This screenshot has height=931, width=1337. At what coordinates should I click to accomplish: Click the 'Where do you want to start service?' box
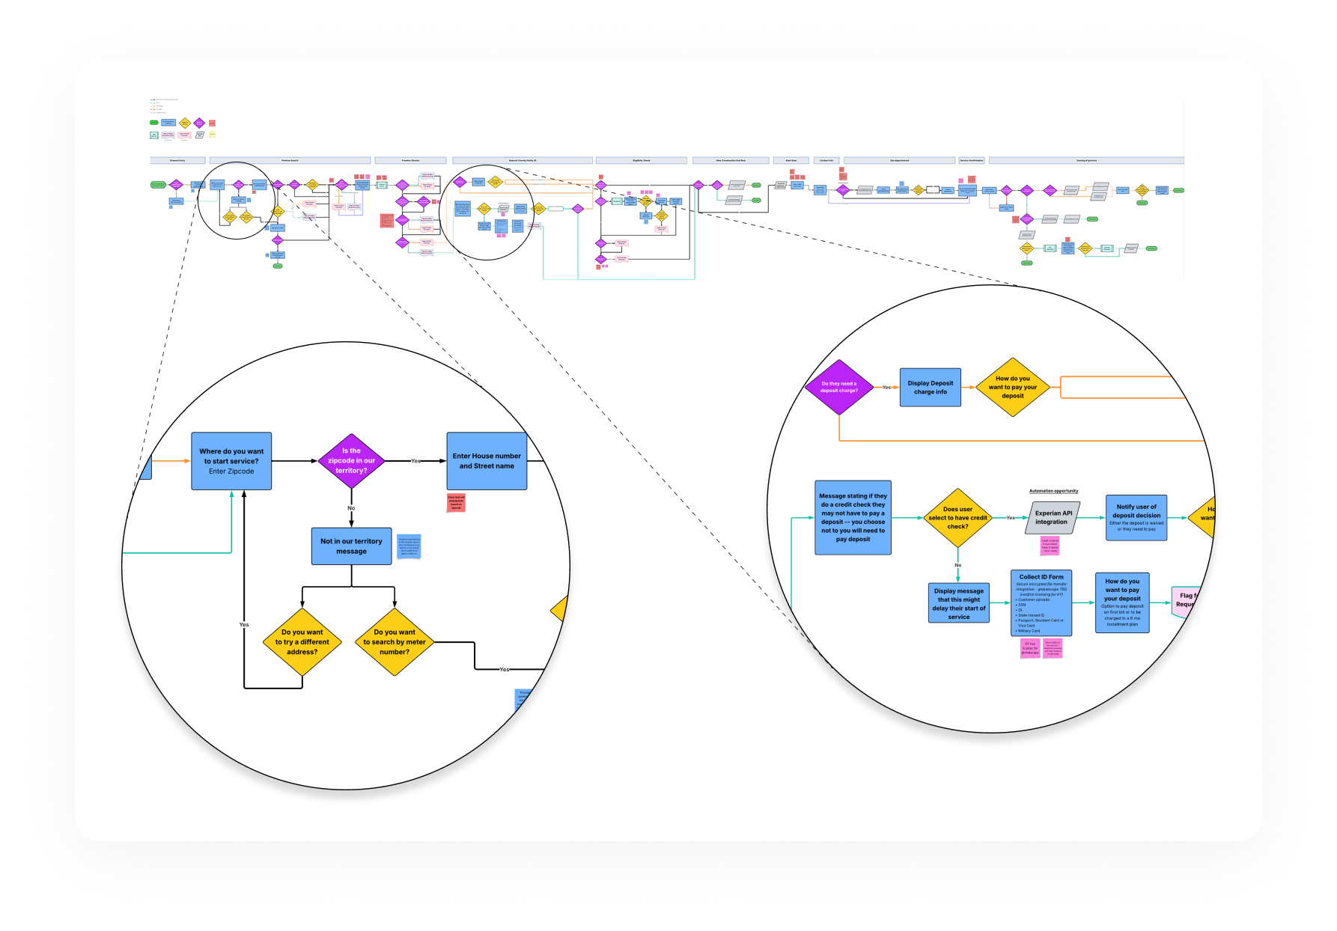pyautogui.click(x=231, y=461)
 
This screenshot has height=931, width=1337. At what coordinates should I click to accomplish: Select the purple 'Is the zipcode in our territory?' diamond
pyautogui.click(x=351, y=461)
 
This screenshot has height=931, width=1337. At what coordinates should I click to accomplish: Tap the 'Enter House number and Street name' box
pyautogui.click(x=487, y=461)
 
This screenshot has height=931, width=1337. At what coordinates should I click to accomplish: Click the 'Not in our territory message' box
pyautogui.click(x=351, y=546)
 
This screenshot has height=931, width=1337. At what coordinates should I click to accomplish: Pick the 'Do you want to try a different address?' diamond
pyautogui.click(x=302, y=642)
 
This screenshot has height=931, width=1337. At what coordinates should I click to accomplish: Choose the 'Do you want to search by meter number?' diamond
pyautogui.click(x=395, y=642)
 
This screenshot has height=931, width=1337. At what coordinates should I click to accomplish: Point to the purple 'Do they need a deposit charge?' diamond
pyautogui.click(x=838, y=387)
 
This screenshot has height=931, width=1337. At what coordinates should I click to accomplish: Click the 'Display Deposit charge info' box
pyautogui.click(x=931, y=388)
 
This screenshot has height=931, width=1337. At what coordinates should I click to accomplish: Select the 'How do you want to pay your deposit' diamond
pyautogui.click(x=1013, y=387)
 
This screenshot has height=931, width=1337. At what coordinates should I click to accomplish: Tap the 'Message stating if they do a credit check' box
pyautogui.click(x=853, y=517)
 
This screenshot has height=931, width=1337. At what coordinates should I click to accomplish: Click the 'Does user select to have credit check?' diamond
pyautogui.click(x=957, y=518)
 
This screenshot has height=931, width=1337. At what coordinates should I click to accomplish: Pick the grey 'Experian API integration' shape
pyautogui.click(x=1053, y=518)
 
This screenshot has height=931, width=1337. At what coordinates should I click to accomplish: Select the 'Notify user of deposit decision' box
pyautogui.click(x=1136, y=518)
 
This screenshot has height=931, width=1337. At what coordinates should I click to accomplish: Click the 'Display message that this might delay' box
pyautogui.click(x=959, y=603)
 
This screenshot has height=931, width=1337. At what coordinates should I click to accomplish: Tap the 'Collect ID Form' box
pyautogui.click(x=1041, y=603)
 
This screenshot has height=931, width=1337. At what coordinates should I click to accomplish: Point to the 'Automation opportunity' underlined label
pyautogui.click(x=1053, y=491)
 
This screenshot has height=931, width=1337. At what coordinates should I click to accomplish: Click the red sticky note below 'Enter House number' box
pyautogui.click(x=457, y=503)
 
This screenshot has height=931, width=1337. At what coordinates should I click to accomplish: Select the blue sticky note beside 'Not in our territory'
pyautogui.click(x=409, y=546)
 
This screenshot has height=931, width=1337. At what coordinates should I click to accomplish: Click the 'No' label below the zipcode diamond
pyautogui.click(x=351, y=508)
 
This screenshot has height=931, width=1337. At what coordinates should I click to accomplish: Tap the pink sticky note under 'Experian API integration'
pyautogui.click(x=1050, y=546)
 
